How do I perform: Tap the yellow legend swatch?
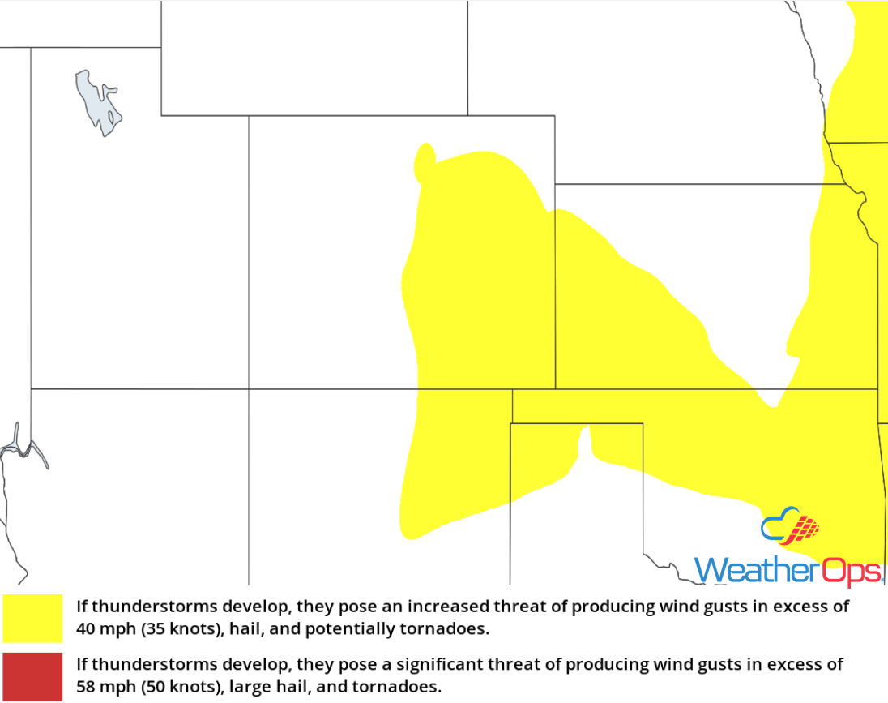(x=32, y=618)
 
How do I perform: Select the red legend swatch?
(x=32, y=676)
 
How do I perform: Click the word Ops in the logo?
(x=847, y=570)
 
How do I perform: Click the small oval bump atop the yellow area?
(x=424, y=161)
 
